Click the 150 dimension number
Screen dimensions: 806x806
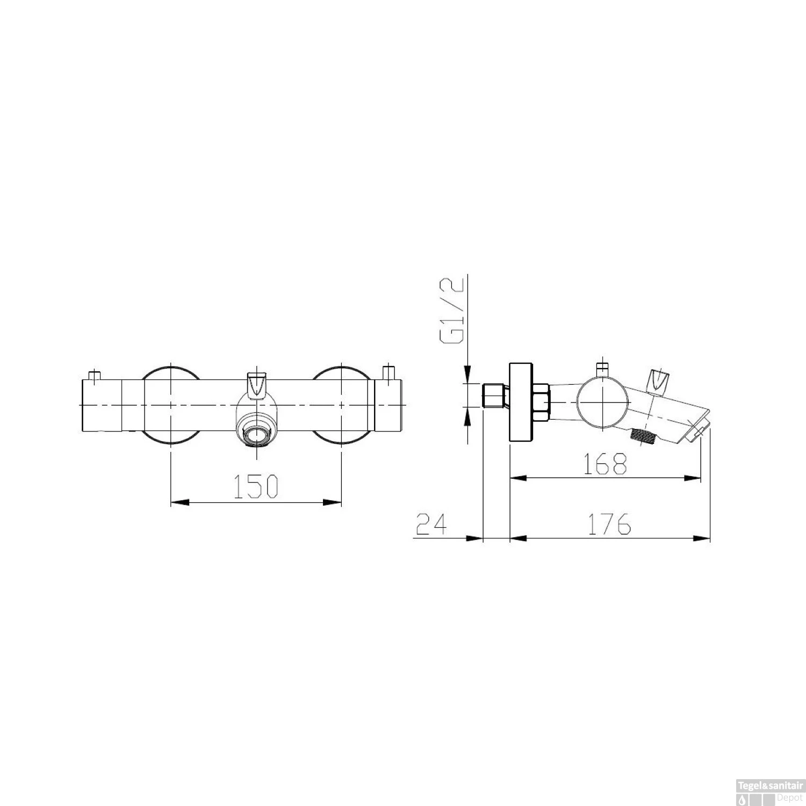click(256, 486)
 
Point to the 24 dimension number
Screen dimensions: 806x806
click(431, 524)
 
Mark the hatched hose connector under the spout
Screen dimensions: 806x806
click(644, 436)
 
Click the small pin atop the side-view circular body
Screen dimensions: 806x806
click(602, 368)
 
